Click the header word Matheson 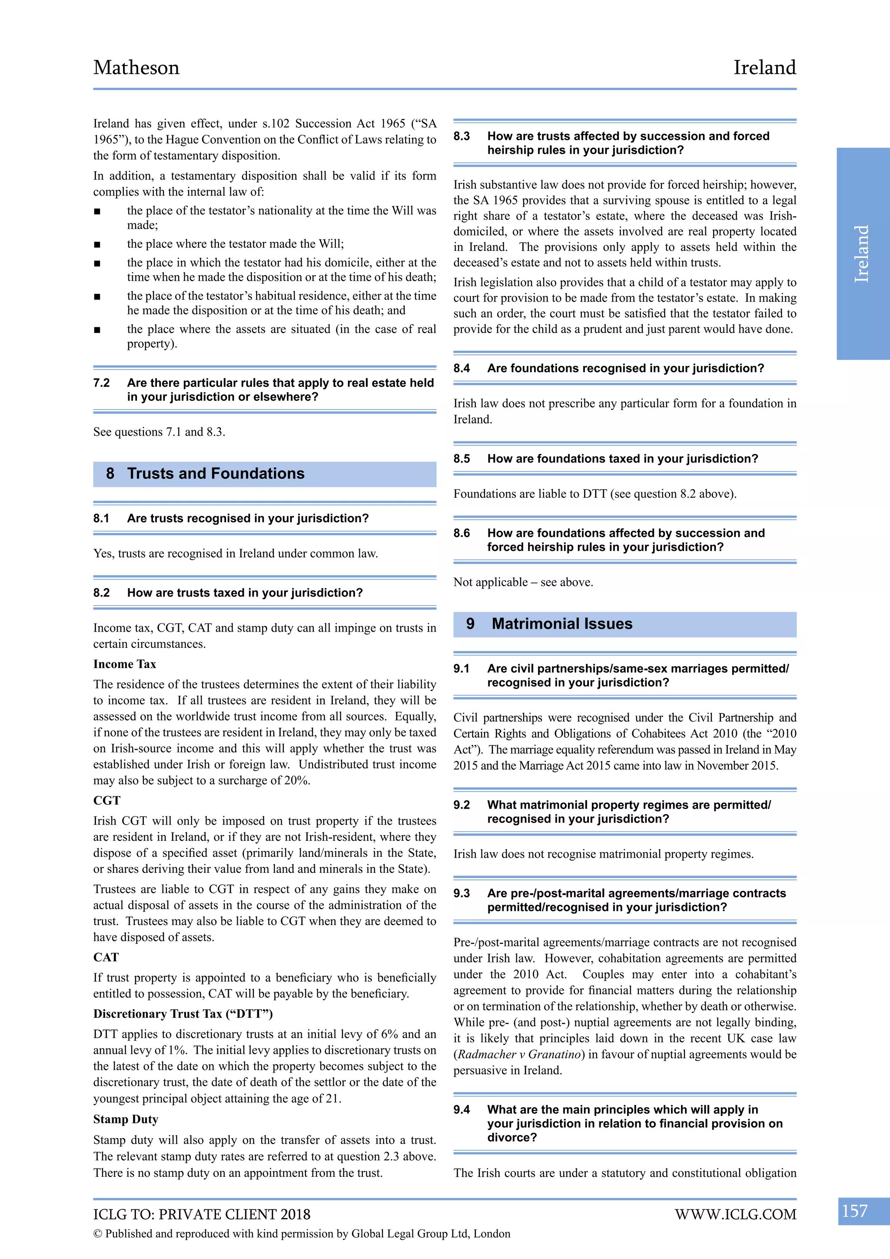136,67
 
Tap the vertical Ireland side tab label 862,253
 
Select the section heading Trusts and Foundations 216,474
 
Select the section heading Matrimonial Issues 562,624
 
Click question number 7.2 101,383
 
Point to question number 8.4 462,369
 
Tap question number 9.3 462,893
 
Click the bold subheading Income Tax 124,664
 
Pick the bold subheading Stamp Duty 126,1119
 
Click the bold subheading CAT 106,957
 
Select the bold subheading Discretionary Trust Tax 183,1014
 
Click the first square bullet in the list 97,212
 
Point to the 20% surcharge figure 296,780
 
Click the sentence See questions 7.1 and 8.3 159,432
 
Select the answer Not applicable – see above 523,583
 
